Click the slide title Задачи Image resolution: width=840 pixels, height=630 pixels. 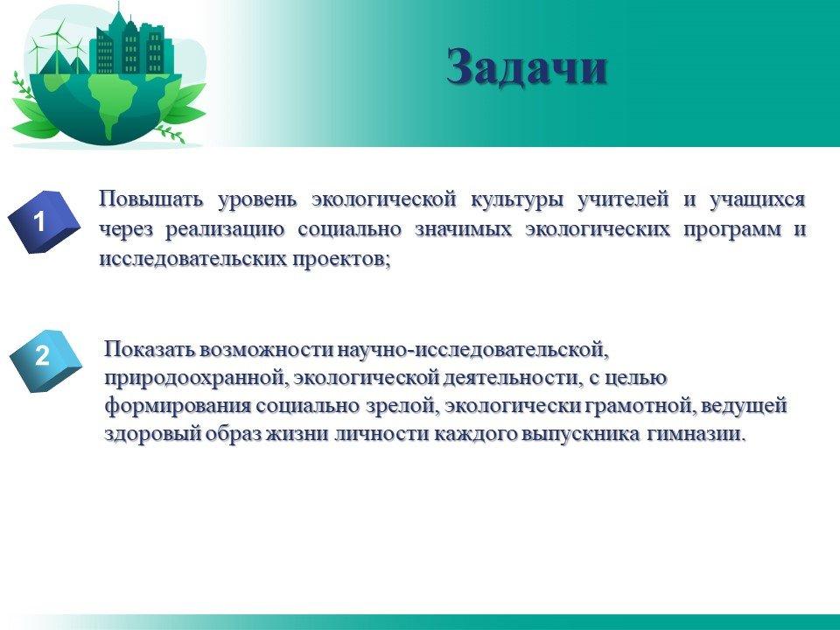527,67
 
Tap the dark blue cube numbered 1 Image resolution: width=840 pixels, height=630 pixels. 44,221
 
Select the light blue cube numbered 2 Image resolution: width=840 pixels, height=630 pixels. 46,360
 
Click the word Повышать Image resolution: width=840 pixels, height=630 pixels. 151,199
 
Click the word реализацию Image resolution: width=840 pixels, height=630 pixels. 225,230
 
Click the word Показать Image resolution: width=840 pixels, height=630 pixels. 150,349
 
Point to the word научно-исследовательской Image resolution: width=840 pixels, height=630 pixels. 473,350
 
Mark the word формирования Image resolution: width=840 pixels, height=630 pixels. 178,406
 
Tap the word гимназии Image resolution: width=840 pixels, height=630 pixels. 696,433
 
